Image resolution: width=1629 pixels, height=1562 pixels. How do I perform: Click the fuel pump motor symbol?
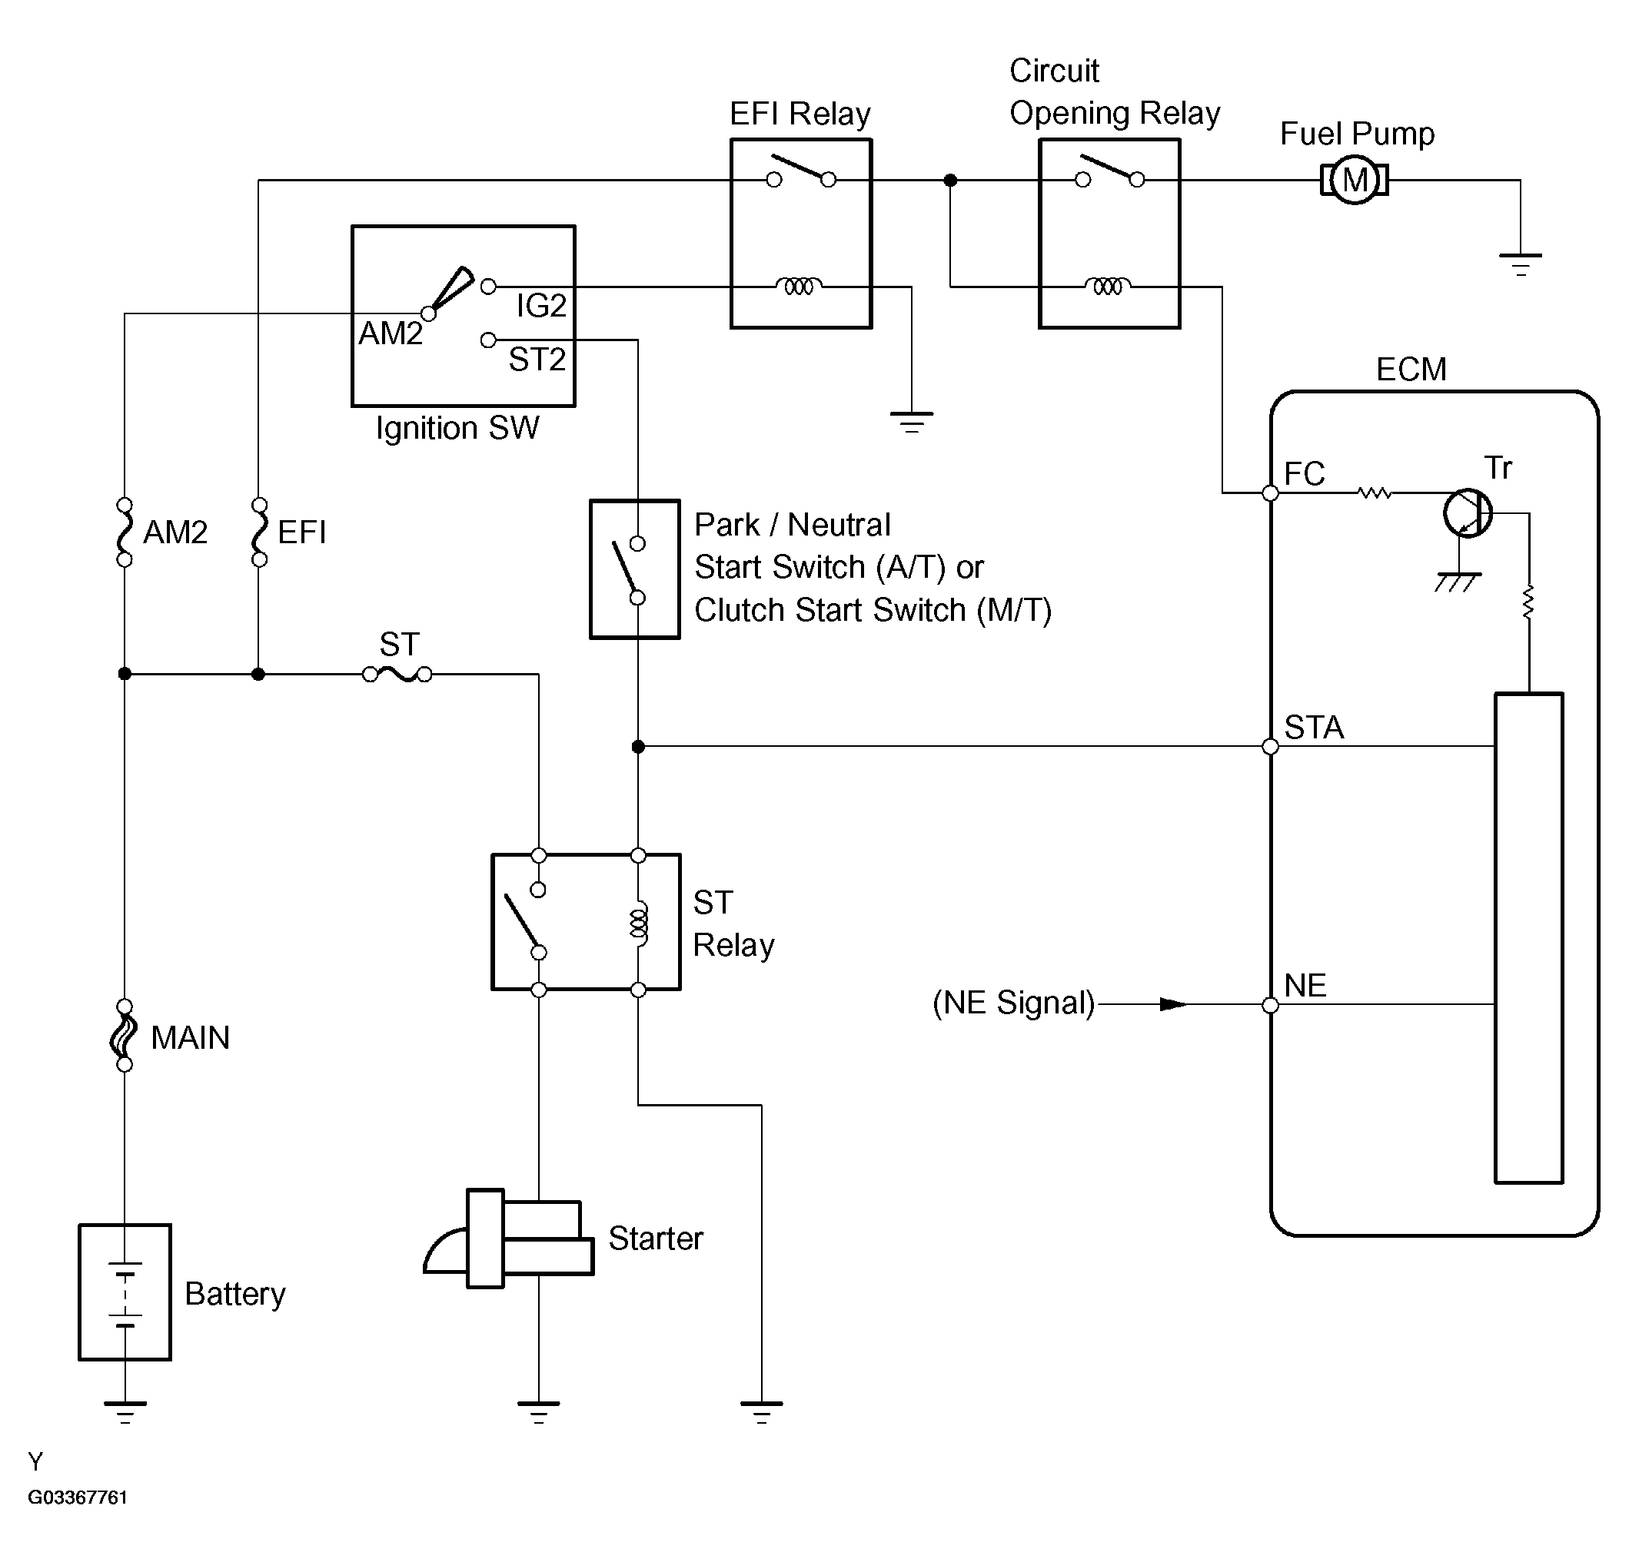coord(1354,180)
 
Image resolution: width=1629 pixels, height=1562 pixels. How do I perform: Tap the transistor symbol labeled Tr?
coord(1468,513)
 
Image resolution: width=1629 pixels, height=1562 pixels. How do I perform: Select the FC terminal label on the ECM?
coord(1304,473)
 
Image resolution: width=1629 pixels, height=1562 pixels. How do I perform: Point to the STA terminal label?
coord(1314,727)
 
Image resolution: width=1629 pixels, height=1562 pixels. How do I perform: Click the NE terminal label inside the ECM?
coord(1305,986)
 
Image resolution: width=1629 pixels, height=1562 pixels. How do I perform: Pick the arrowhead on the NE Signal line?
coord(1174,1004)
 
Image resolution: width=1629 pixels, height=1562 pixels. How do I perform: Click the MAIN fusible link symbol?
coord(125,1035)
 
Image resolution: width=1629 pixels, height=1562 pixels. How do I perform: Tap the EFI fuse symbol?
coord(259,532)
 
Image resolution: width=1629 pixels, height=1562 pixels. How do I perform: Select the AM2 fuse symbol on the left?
coord(125,532)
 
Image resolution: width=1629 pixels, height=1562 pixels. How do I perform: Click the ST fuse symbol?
coord(397,675)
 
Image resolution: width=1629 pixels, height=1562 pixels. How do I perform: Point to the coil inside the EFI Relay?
coord(799,287)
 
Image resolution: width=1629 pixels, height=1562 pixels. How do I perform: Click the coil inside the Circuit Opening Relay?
coord(1107,287)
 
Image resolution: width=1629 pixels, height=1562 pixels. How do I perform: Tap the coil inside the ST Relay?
coord(638,923)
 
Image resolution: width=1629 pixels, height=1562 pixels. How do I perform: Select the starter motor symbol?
coord(509,1238)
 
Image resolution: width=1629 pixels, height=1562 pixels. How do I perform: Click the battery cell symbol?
coord(125,1293)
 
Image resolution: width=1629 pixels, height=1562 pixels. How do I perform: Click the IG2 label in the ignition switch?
coord(541,306)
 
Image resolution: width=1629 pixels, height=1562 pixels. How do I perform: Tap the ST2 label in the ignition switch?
coord(537,359)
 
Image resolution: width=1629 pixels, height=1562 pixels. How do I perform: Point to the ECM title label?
coord(1411,369)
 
